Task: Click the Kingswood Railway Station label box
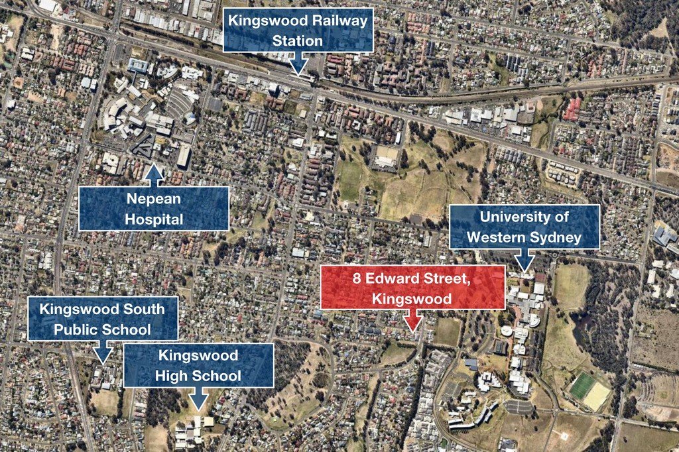[298, 30]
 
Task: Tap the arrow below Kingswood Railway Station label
[298, 64]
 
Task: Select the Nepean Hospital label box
[153, 208]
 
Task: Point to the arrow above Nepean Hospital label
[154, 174]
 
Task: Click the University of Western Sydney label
[525, 227]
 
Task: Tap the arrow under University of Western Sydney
[526, 260]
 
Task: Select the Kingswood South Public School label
[103, 318]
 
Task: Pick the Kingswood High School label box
[198, 365]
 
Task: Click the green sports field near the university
[582, 386]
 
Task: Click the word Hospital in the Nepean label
[154, 219]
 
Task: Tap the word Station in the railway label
[298, 40]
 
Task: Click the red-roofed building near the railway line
[572, 109]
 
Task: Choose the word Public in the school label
[83, 329]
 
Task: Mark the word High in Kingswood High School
[172, 376]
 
